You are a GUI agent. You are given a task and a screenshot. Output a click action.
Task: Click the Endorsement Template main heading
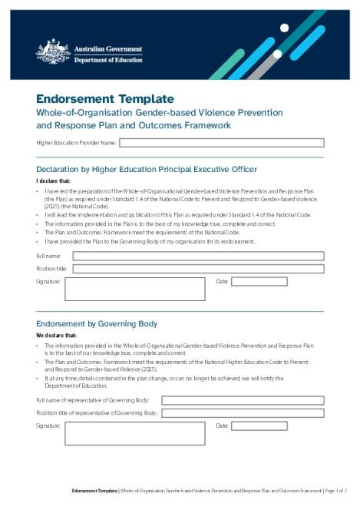coord(105,99)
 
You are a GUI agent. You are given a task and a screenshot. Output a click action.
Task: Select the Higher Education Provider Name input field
coord(221,142)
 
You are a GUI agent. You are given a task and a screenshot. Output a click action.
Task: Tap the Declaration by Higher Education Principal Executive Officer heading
coord(146,169)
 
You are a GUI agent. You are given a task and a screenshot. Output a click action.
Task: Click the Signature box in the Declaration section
coord(134,289)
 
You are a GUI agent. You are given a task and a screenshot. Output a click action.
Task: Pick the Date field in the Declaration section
coord(259,282)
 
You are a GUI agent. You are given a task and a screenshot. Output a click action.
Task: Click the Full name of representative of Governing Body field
coord(242,400)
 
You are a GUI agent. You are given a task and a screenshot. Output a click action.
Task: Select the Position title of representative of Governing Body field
coord(242,413)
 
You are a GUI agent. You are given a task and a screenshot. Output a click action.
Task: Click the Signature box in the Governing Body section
coord(134,433)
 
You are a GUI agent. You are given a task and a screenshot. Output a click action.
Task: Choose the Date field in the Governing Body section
coord(259,426)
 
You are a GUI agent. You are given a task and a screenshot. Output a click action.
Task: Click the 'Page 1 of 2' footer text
coord(336,490)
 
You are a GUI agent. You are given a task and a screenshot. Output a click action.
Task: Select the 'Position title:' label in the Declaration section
coord(51,269)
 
